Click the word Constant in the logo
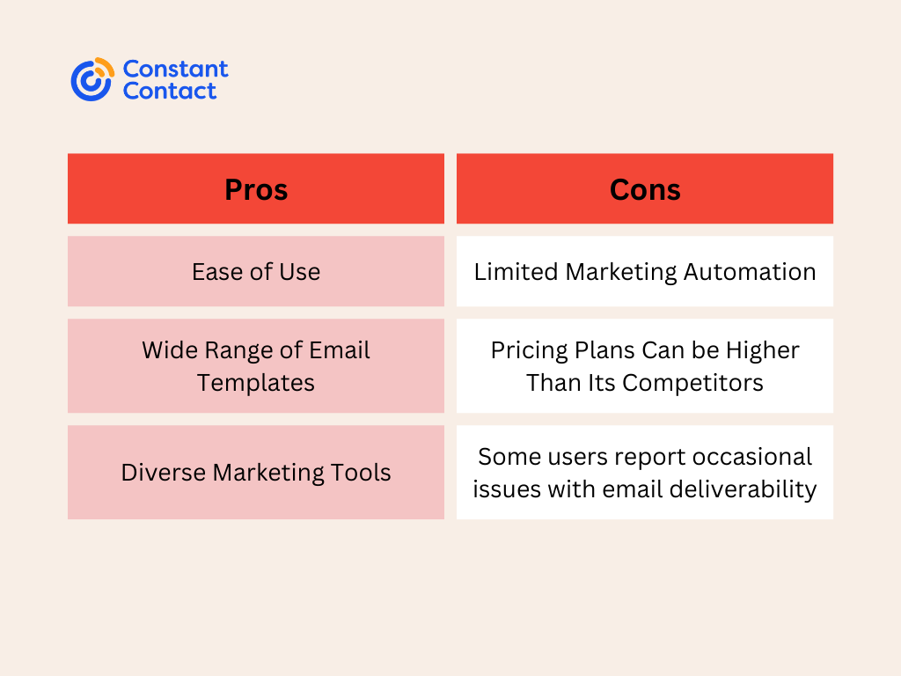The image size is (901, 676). coord(175,69)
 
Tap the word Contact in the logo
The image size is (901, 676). coord(170,91)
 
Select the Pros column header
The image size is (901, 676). coord(256,188)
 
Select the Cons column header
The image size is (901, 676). coord(645,188)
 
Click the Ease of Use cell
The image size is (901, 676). coord(256,271)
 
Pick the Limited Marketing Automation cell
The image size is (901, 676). coord(645,271)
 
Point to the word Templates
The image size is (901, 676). coord(256,383)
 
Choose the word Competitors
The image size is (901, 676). coord(692,383)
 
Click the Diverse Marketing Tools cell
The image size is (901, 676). coord(256,473)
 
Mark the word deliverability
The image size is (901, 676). coord(743,489)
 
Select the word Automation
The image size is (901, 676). coord(750,272)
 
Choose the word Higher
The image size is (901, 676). coord(763,350)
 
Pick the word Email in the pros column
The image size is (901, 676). coord(339,350)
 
